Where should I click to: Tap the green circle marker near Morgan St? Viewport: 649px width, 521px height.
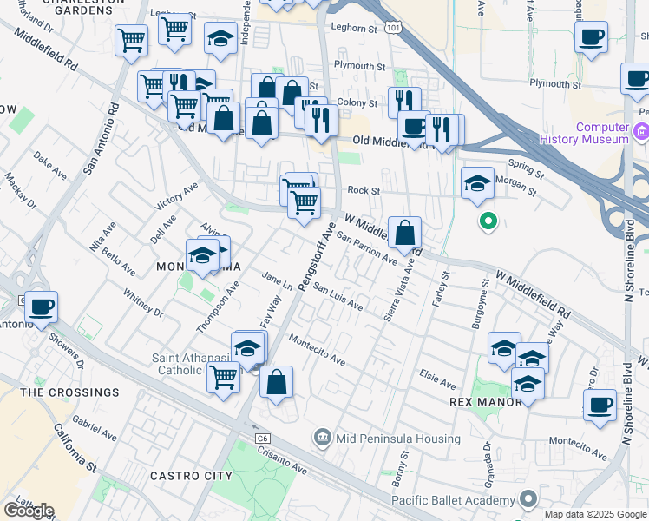(488, 221)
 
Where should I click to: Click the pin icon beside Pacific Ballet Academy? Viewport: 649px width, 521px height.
(528, 498)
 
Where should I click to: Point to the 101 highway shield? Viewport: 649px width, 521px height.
(394, 28)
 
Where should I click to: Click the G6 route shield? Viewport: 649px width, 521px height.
(262, 439)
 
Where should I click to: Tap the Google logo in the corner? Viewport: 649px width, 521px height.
(28, 510)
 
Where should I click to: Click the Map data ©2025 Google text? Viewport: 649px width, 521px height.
(595, 514)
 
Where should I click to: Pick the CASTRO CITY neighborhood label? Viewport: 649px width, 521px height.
(191, 476)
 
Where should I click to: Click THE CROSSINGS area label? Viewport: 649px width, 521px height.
(69, 392)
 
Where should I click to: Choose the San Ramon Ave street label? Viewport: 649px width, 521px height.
(366, 248)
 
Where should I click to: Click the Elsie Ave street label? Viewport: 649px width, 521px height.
(437, 382)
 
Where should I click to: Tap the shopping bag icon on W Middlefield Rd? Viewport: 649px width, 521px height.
(405, 234)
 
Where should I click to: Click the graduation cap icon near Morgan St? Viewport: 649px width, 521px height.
(477, 184)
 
